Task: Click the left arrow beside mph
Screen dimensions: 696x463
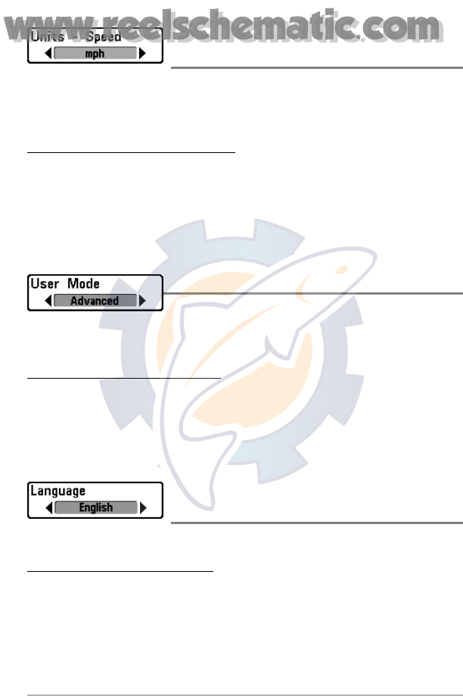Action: (x=48, y=54)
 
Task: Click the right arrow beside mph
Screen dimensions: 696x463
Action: (x=142, y=54)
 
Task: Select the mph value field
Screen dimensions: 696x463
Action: (x=95, y=54)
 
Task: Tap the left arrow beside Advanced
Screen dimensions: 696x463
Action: (x=48, y=301)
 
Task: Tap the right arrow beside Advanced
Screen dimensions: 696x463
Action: (x=142, y=301)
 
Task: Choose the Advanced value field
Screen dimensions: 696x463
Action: (x=95, y=301)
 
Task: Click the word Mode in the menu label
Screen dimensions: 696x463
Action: (x=83, y=284)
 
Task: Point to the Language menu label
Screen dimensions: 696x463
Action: (x=57, y=491)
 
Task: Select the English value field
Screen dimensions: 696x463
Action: (x=95, y=507)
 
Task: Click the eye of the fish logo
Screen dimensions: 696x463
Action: (x=342, y=270)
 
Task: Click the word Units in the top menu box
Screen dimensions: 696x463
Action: (x=46, y=36)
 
